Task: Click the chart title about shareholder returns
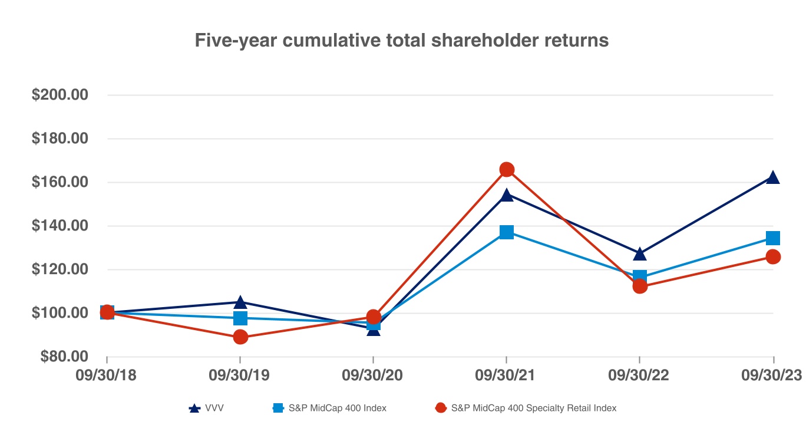click(x=402, y=41)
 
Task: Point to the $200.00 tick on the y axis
click(x=60, y=95)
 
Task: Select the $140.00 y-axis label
click(x=60, y=226)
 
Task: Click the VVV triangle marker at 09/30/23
click(x=772, y=177)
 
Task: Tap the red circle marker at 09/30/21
click(x=507, y=170)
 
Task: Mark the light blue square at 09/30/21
click(x=507, y=232)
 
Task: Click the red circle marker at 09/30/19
click(x=240, y=337)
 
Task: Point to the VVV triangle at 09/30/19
click(x=240, y=302)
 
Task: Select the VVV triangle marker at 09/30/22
click(x=639, y=254)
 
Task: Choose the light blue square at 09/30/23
click(x=772, y=238)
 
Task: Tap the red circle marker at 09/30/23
click(x=772, y=256)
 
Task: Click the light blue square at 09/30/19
click(x=240, y=318)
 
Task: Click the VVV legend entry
click(x=206, y=408)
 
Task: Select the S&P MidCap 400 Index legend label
click(x=330, y=408)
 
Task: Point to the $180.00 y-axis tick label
click(x=60, y=139)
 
